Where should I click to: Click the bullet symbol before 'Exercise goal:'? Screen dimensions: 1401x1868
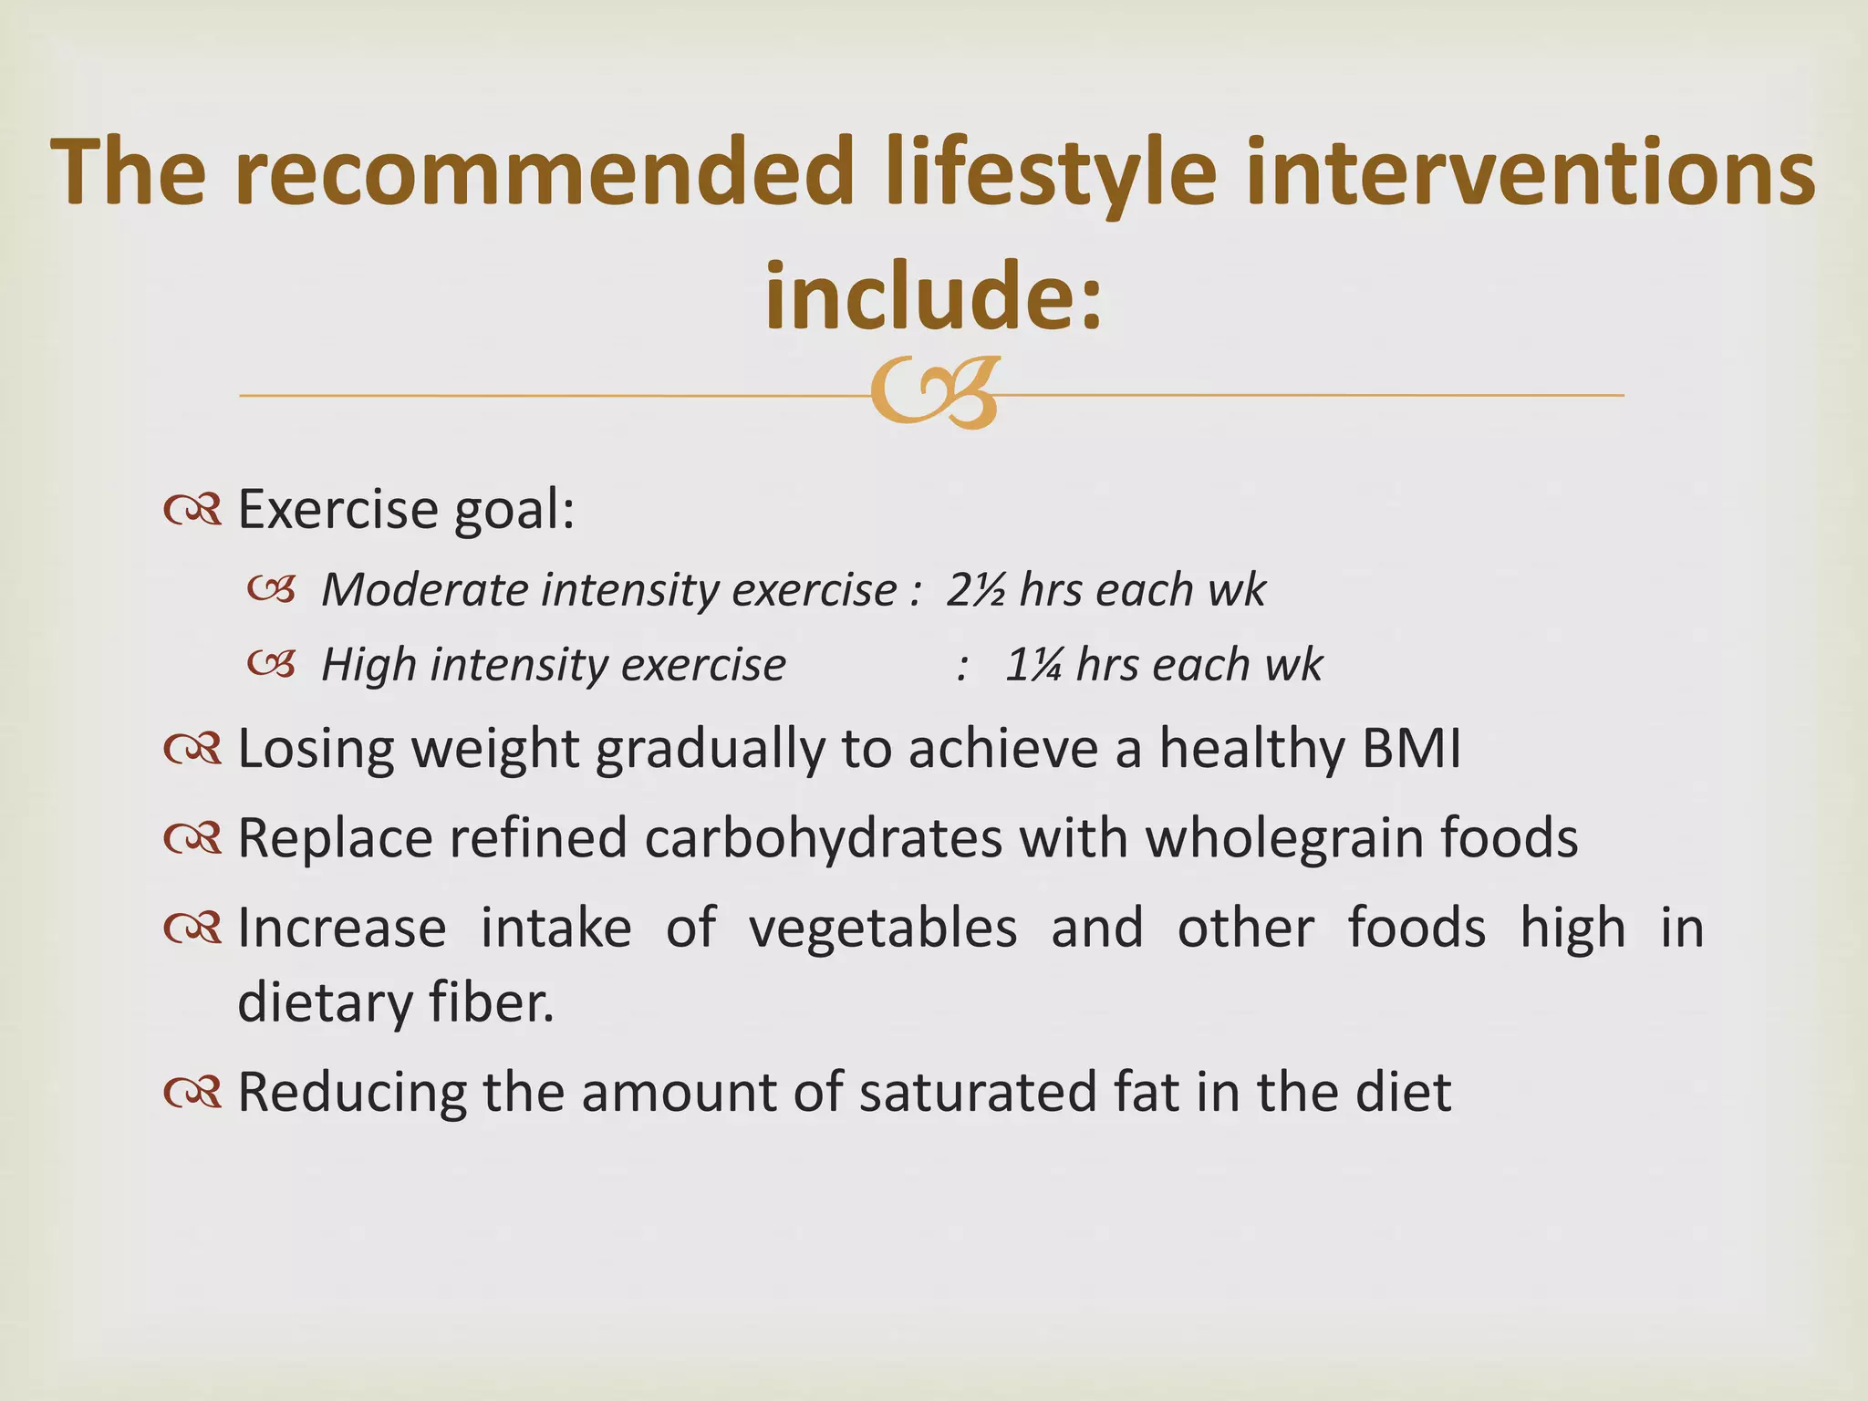pos(193,511)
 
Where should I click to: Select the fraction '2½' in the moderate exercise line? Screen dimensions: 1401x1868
pos(975,589)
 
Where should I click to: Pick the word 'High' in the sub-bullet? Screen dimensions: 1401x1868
pos(368,664)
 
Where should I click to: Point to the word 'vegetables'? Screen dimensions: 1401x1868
pos(882,928)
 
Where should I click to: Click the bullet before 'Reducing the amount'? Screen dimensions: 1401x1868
pos(193,1092)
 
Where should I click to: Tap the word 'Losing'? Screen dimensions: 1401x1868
pos(316,749)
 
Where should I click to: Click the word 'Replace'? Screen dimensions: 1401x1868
pos(334,837)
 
